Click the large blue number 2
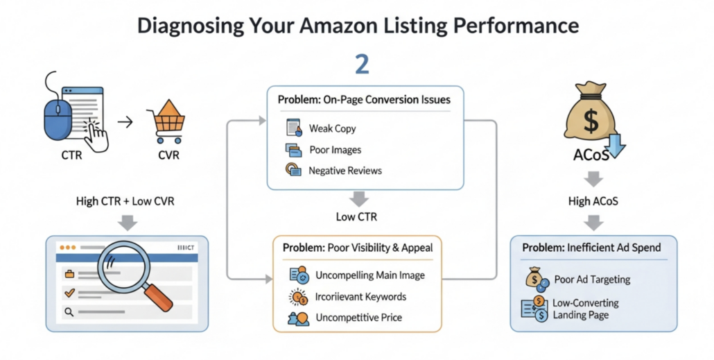coord(361,63)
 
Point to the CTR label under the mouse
coord(71,155)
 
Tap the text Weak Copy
coord(332,128)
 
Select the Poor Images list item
coord(335,149)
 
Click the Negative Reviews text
coord(345,170)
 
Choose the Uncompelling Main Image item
coord(369,275)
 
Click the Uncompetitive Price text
coord(358,318)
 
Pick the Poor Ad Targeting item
coord(592,280)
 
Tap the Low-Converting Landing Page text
coord(585,309)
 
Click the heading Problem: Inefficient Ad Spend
coord(591,248)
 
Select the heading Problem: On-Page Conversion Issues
coord(364,99)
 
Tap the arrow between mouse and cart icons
coord(125,123)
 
